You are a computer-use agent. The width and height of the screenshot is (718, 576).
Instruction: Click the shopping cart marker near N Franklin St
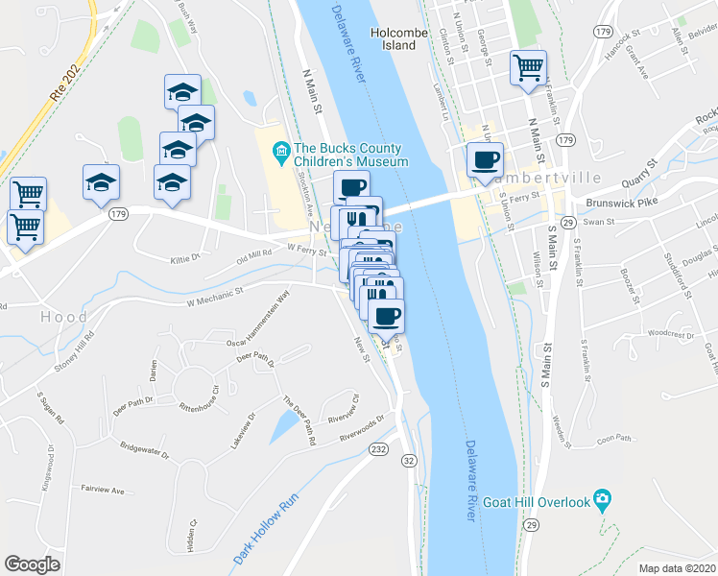tap(528, 68)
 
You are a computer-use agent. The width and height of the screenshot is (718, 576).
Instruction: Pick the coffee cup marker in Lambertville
tap(484, 159)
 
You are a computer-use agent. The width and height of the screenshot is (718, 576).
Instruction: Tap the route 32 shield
tap(410, 463)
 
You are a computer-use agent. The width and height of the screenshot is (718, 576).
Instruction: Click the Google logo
tap(33, 564)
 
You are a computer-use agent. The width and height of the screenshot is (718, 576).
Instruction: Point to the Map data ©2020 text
tap(678, 568)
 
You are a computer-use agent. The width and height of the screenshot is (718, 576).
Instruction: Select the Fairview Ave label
tap(103, 490)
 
